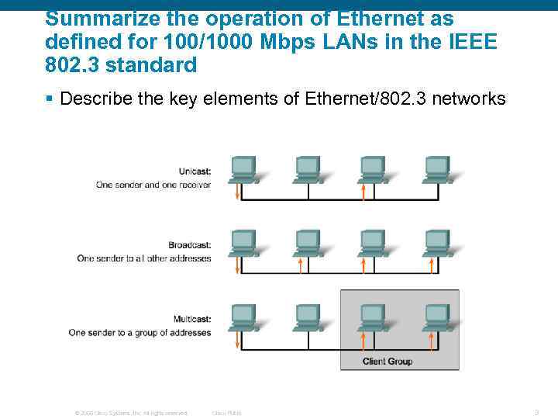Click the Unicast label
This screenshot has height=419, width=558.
(195, 171)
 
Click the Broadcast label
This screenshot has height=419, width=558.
(190, 245)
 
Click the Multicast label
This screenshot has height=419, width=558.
(191, 319)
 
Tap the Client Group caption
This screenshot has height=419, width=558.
(387, 361)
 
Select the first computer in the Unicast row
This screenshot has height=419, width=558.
(243, 168)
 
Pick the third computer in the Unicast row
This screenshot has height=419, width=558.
(373, 168)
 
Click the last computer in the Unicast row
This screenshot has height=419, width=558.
(437, 168)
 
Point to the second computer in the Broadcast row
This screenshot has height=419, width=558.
(308, 242)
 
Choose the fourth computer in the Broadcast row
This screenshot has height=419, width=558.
(437, 242)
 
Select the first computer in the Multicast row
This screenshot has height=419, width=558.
(243, 317)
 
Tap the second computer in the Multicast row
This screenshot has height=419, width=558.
(308, 317)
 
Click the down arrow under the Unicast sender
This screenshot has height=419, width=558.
(237, 190)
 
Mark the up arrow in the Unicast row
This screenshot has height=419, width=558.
(363, 190)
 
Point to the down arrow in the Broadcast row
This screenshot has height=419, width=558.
(237, 264)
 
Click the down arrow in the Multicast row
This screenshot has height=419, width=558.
(237, 338)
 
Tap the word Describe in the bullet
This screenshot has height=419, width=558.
(92, 99)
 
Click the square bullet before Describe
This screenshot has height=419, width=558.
(49, 99)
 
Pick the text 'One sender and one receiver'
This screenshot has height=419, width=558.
(153, 185)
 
